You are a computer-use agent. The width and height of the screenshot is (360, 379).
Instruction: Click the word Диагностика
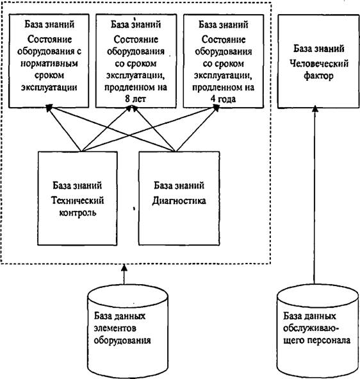click(x=179, y=201)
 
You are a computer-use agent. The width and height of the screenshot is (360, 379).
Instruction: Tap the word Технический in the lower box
click(x=78, y=200)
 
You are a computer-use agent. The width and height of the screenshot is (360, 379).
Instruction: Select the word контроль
click(x=78, y=212)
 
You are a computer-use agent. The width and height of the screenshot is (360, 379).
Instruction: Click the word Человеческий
click(x=319, y=64)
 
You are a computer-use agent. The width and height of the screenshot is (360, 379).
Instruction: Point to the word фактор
click(x=319, y=76)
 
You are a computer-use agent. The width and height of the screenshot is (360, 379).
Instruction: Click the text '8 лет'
click(x=135, y=99)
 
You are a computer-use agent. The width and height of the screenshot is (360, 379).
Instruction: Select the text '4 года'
click(x=223, y=99)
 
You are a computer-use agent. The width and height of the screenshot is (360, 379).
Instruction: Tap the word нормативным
click(x=49, y=63)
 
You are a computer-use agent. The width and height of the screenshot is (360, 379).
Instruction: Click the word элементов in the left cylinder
click(x=115, y=328)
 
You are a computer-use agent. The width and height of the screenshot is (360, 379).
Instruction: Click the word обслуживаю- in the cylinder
click(x=311, y=328)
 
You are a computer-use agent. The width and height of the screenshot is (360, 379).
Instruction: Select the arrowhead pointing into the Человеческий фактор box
click(x=315, y=110)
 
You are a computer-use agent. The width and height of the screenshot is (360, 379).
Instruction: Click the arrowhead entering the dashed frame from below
click(x=124, y=267)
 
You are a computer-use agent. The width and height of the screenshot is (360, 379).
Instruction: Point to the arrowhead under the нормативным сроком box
click(x=49, y=108)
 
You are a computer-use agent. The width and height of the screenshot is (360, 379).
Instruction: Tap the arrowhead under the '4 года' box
click(x=216, y=108)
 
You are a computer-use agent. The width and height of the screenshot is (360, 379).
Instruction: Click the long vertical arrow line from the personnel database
click(x=315, y=196)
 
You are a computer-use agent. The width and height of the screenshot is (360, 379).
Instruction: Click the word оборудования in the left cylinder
click(x=122, y=341)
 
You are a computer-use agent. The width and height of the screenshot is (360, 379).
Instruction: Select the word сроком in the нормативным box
click(x=49, y=76)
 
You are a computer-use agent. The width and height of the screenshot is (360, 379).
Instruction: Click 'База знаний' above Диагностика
click(x=179, y=185)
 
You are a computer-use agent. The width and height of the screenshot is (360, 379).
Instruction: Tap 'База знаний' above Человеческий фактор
click(x=319, y=49)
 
